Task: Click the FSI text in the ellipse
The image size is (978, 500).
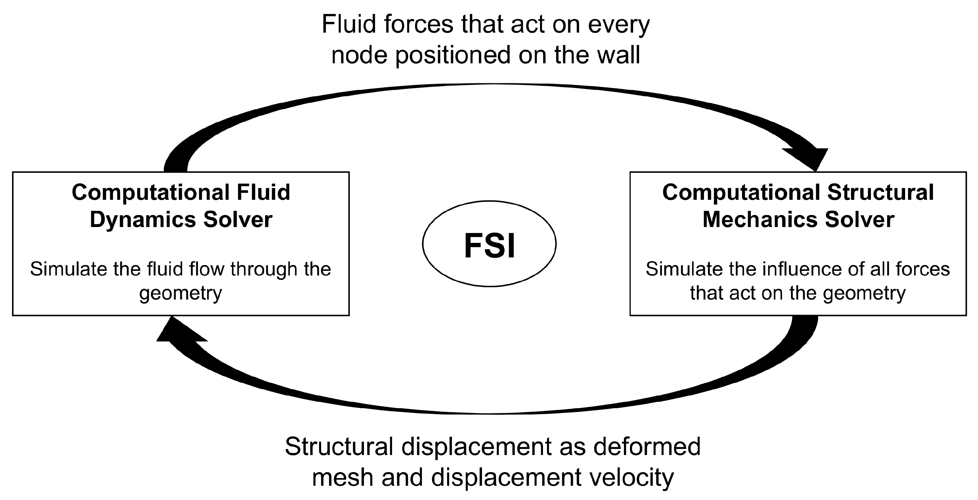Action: click(x=489, y=246)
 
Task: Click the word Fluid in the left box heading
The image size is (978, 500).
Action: click(x=264, y=192)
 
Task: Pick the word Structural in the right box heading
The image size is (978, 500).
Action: click(x=880, y=192)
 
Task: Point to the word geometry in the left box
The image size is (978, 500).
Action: click(x=180, y=294)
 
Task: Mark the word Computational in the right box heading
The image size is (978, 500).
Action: click(x=741, y=192)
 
